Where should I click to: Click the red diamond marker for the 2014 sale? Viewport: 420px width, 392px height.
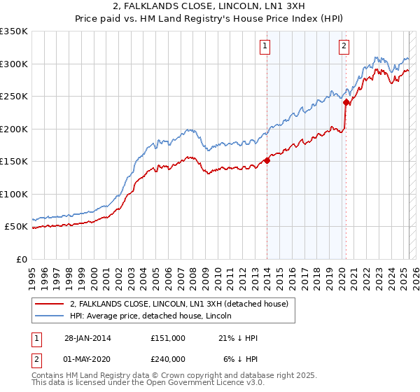[267, 161]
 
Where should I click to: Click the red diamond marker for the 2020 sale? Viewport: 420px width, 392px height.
[346, 103]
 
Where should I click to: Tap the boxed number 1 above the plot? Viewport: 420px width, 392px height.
[266, 47]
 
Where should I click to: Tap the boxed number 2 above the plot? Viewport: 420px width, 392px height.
[344, 47]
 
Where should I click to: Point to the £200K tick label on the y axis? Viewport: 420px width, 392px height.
[14, 129]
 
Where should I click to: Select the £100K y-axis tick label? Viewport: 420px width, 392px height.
[14, 194]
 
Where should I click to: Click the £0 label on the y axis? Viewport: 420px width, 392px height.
[22, 259]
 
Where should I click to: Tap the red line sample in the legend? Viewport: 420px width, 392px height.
[50, 304]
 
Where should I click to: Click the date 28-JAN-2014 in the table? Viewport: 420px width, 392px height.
[87, 338]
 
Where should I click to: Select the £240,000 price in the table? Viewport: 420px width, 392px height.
[167, 359]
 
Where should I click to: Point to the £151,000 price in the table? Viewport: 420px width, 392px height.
[167, 338]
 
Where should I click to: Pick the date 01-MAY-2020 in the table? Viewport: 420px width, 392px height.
[87, 359]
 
